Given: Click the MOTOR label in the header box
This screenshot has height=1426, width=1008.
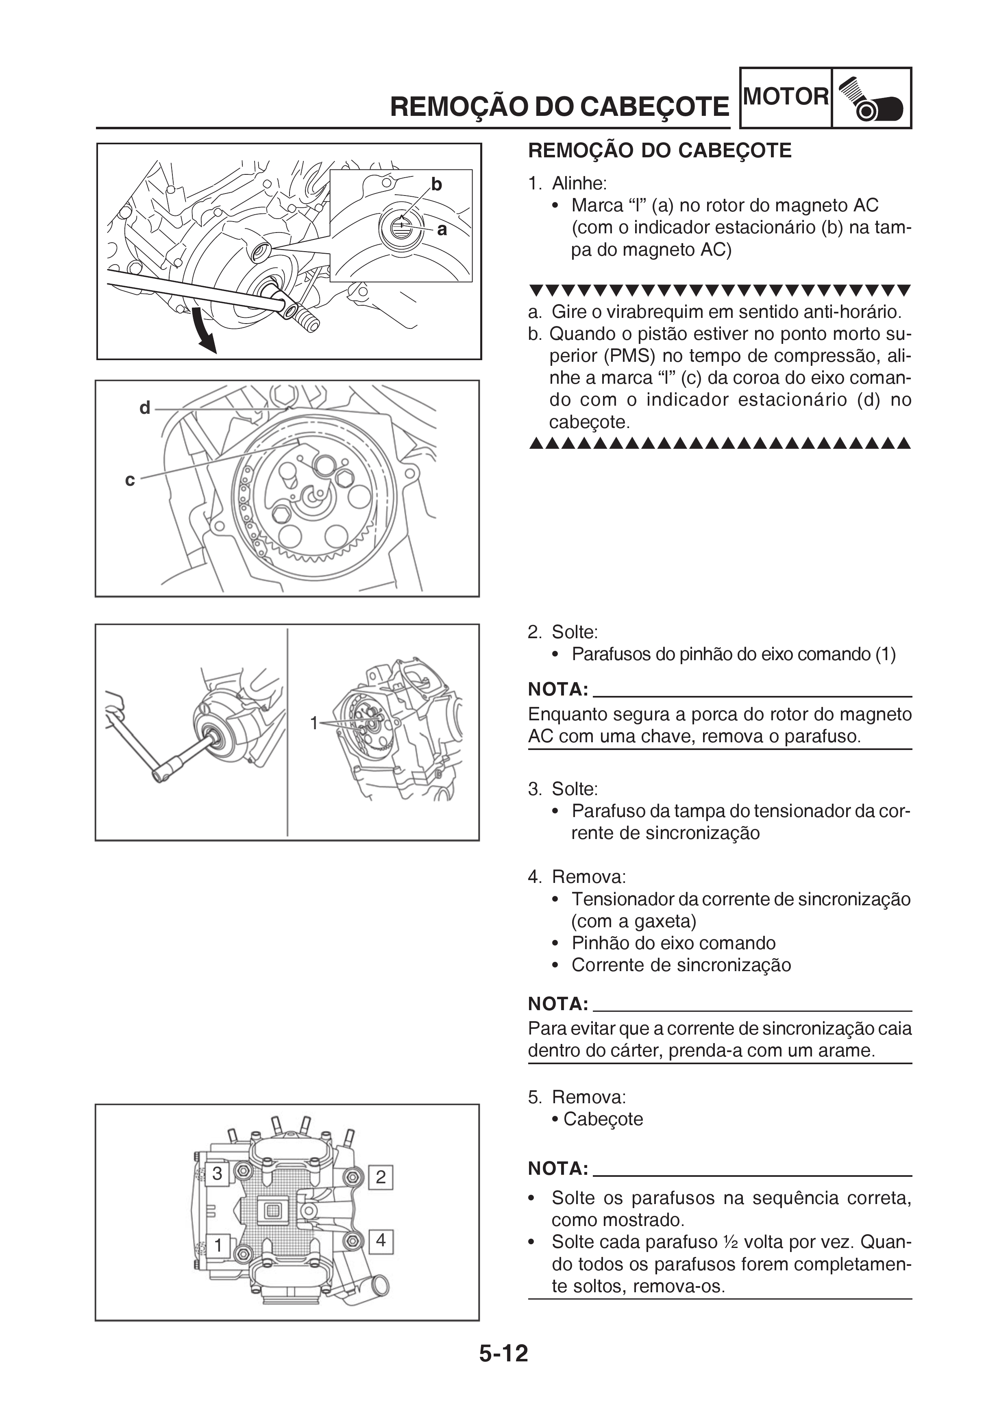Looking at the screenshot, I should (x=786, y=97).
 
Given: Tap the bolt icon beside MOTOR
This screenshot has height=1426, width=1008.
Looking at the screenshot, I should (x=871, y=99).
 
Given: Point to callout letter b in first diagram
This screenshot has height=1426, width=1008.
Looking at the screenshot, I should (x=437, y=185).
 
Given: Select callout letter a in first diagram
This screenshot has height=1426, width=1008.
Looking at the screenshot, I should (x=442, y=230).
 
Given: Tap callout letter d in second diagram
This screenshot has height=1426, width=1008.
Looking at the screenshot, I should (x=145, y=408).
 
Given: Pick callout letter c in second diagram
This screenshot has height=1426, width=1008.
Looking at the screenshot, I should (x=130, y=480).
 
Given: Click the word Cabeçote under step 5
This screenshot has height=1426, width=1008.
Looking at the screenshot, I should (x=603, y=1119).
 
